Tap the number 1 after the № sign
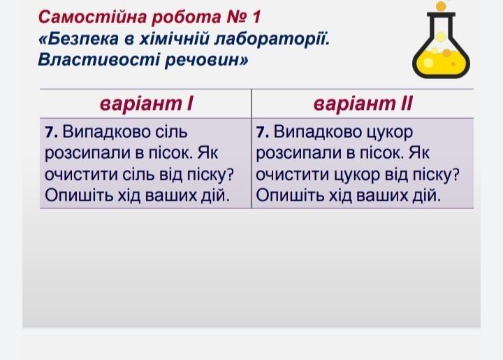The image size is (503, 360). click(256, 17)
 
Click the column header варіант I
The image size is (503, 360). click(146, 103)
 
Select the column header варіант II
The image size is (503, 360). click(363, 103)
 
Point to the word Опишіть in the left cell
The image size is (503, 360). click(78, 195)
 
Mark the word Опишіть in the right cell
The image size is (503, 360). click(290, 195)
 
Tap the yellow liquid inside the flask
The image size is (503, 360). click(441, 62)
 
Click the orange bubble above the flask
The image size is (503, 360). click(441, 6)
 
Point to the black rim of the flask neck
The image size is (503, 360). click(441, 15)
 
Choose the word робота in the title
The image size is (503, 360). click(186, 17)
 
